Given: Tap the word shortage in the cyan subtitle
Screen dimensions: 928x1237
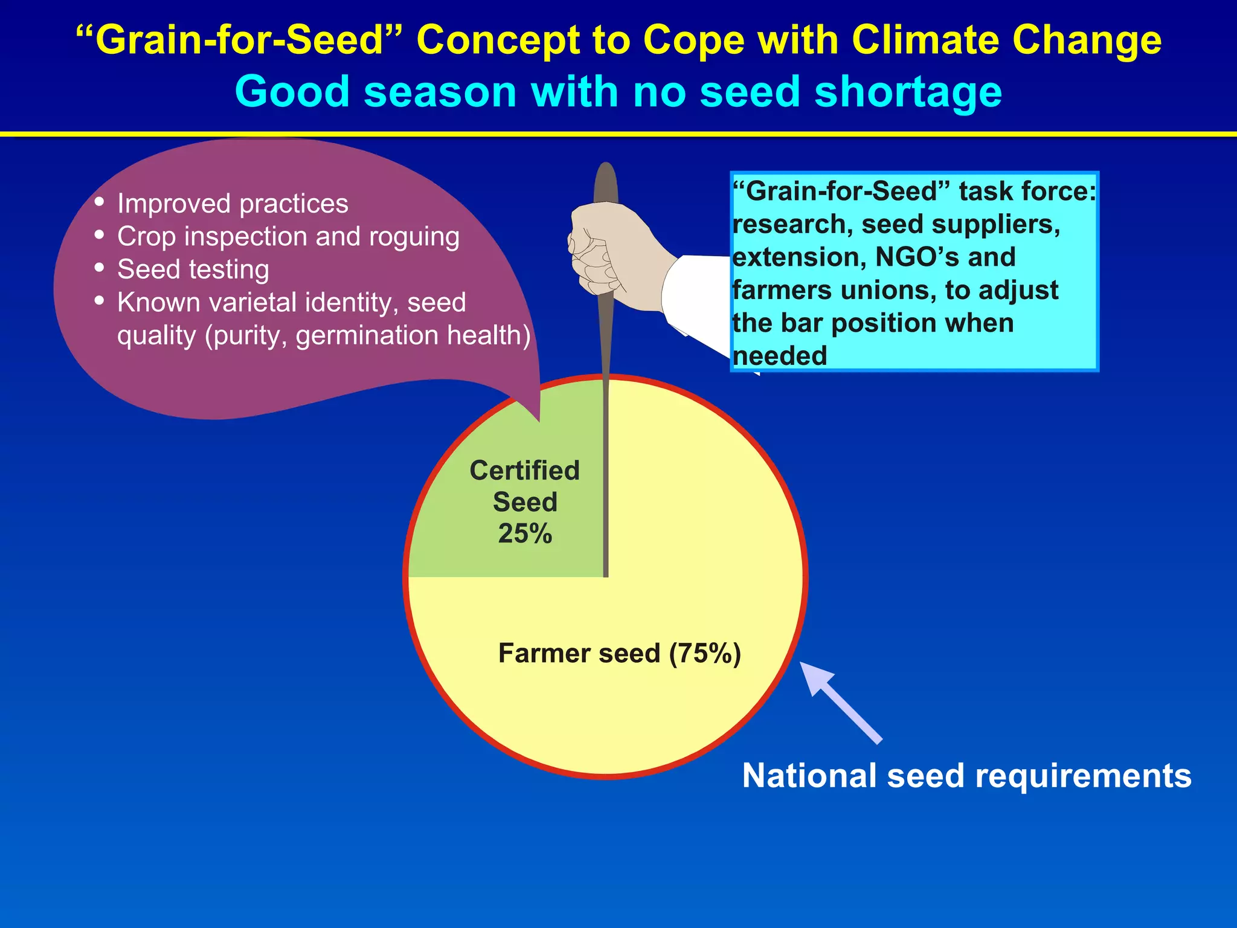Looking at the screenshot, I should [908, 92].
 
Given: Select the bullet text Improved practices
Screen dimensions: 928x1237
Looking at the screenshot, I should [233, 204].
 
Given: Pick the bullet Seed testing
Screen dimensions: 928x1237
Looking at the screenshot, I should [193, 269].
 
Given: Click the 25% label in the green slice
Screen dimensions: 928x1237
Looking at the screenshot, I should [525, 533].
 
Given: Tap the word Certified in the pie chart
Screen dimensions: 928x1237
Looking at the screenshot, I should [524, 471].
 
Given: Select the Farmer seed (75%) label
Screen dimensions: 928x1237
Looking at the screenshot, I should [619, 653].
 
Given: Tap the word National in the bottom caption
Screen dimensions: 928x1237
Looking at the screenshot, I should [809, 776].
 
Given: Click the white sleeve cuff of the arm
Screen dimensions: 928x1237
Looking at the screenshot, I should [695, 296].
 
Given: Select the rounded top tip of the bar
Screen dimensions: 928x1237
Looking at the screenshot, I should [606, 172].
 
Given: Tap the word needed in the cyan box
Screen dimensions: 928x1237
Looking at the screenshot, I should [779, 356].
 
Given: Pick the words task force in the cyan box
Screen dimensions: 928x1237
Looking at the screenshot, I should [1027, 192].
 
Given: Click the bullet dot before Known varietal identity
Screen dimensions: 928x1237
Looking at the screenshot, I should [100, 300].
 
